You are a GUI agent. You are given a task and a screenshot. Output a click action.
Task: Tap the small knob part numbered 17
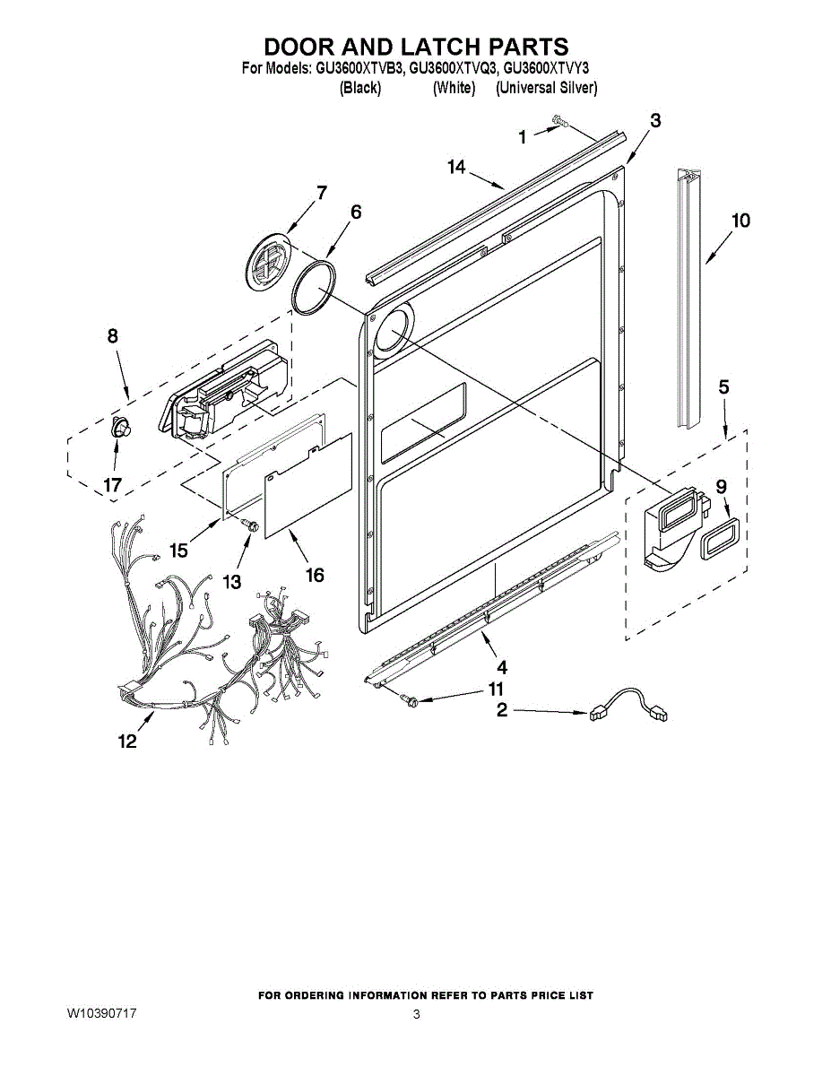(x=117, y=428)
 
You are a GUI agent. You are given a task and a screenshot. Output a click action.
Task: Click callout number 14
(x=456, y=167)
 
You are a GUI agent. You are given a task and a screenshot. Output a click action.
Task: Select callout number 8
(x=112, y=336)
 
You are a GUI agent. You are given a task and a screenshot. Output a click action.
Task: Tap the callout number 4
(x=502, y=667)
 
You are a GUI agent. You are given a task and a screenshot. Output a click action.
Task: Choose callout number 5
(x=723, y=387)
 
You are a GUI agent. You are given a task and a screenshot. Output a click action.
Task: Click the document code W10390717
(x=101, y=1013)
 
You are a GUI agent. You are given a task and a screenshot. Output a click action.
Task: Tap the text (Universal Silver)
(x=546, y=88)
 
